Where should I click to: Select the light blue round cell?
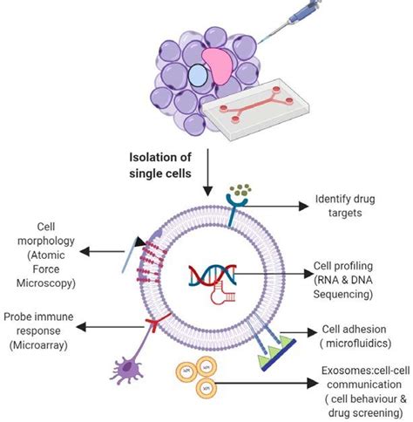click(x=198, y=78)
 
